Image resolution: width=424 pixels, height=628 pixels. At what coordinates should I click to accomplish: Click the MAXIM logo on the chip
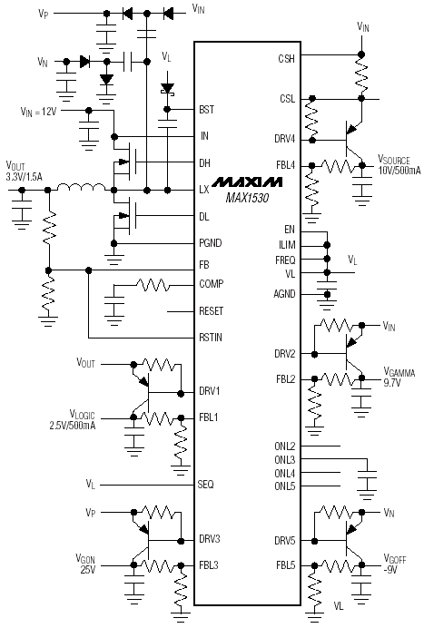click(x=247, y=182)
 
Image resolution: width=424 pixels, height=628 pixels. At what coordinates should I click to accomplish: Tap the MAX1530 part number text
click(x=247, y=198)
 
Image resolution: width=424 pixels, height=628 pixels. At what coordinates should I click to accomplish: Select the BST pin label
click(x=206, y=109)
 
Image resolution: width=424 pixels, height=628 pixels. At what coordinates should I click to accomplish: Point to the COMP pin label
click(x=212, y=284)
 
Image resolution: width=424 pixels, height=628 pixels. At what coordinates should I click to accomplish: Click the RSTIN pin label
click(x=211, y=338)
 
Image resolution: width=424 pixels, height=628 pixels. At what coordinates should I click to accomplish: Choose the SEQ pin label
click(x=205, y=485)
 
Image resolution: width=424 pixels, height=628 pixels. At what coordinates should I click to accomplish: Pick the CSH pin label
click(x=287, y=59)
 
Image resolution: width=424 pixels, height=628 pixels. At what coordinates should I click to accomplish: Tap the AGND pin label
click(x=284, y=294)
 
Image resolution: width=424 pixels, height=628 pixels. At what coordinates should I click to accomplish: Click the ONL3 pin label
click(x=284, y=460)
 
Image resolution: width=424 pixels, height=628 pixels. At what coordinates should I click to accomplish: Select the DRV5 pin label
click(x=284, y=541)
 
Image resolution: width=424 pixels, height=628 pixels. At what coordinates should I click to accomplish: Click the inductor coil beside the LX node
click(x=82, y=187)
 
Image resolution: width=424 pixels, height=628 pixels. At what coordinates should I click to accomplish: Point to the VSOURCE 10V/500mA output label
click(x=399, y=164)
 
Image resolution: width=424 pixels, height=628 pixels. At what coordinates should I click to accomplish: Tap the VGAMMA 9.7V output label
click(x=399, y=377)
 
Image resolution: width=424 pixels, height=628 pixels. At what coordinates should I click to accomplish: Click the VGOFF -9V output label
click(x=395, y=564)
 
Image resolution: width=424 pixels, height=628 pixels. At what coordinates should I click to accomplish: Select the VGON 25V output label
click(x=85, y=564)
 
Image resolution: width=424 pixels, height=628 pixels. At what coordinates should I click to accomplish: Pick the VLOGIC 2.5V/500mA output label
click(x=73, y=419)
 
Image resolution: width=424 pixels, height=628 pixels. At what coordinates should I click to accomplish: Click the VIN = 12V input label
click(x=38, y=111)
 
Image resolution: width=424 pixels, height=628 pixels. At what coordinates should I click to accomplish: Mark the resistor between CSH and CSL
click(x=361, y=76)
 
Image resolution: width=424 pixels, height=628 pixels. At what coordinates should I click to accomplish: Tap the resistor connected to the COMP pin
click(x=153, y=286)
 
